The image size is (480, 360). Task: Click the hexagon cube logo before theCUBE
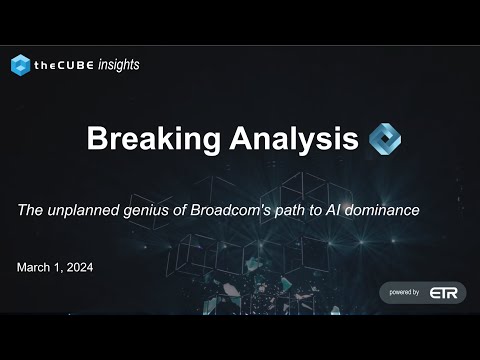(x=21, y=65)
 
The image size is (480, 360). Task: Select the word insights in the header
(x=118, y=65)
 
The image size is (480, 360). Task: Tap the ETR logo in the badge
(x=443, y=293)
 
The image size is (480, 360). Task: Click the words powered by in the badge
(x=405, y=293)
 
